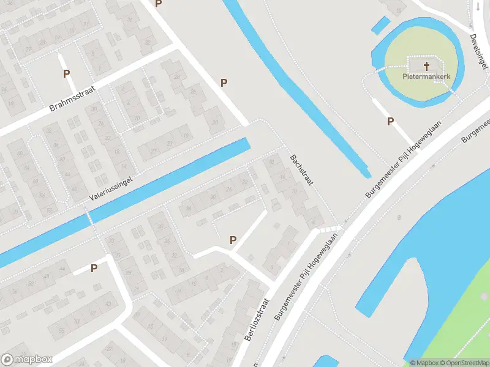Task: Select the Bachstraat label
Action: [x=301, y=171]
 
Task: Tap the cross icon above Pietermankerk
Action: [x=426, y=65]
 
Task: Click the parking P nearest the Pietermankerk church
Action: [x=390, y=122]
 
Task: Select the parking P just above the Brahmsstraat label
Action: [x=66, y=73]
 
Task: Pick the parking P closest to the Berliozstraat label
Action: [x=233, y=240]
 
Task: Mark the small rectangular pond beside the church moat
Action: [x=380, y=25]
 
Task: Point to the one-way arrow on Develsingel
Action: [x=478, y=7]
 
